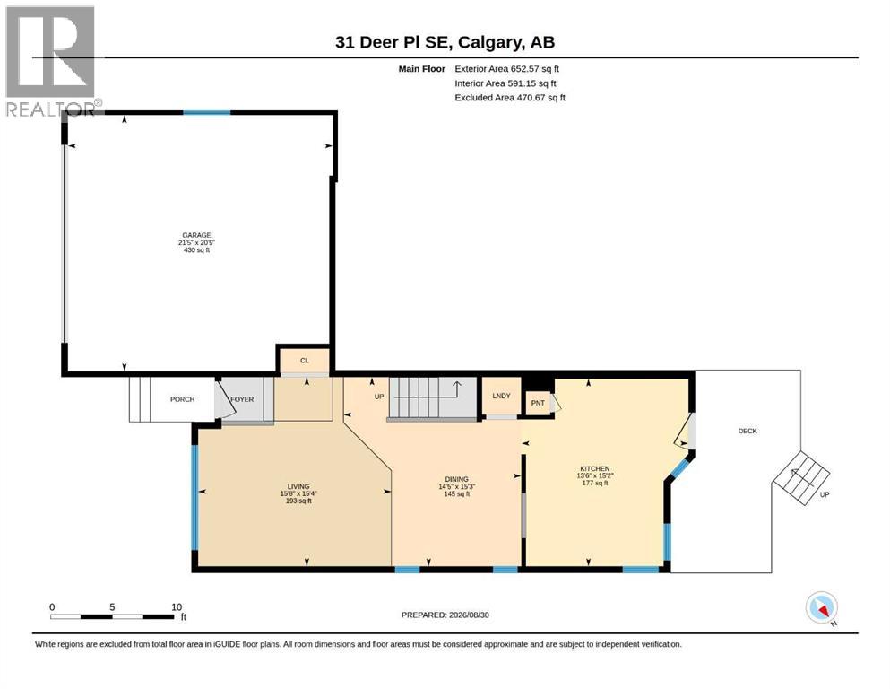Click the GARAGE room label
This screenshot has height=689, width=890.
(x=196, y=235)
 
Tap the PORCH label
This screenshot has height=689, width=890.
(x=182, y=399)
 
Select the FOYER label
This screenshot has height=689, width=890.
(x=242, y=399)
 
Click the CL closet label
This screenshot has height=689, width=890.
(x=304, y=361)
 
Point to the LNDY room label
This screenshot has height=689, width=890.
(x=501, y=396)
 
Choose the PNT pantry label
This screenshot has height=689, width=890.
(x=538, y=404)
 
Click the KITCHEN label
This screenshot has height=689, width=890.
(x=595, y=468)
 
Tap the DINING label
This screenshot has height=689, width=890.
(x=456, y=479)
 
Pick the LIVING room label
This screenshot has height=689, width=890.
(x=298, y=486)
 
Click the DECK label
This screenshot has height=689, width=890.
(x=747, y=432)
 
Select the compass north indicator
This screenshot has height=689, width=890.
(x=822, y=607)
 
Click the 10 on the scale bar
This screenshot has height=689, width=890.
(x=177, y=607)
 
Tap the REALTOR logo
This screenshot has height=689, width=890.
(x=51, y=61)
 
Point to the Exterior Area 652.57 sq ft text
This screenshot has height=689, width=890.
(x=507, y=69)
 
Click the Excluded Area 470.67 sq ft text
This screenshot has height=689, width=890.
(x=510, y=98)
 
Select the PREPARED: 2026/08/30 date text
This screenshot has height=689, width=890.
(x=445, y=615)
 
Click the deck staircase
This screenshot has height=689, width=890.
(x=801, y=477)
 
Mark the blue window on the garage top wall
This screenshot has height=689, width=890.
(x=207, y=112)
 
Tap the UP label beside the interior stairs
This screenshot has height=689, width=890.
(x=379, y=397)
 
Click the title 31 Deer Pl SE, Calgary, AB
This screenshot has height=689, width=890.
(x=445, y=42)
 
